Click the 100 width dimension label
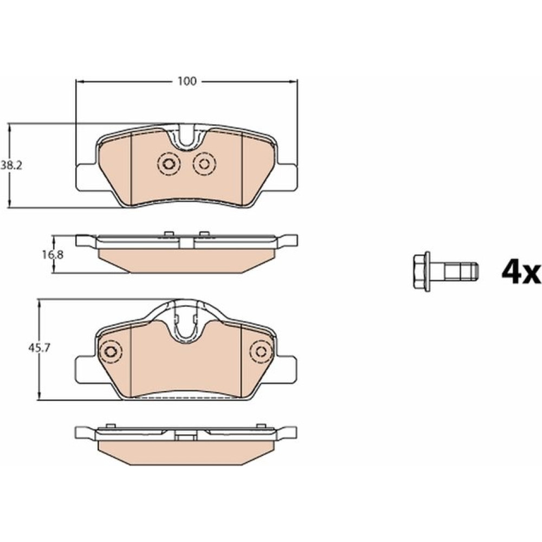coord(187,81)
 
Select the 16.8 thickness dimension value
coord(53,255)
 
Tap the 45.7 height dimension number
coord(40,348)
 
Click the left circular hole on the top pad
coord(169,164)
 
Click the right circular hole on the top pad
coord(204,164)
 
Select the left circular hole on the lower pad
coord(111,352)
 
